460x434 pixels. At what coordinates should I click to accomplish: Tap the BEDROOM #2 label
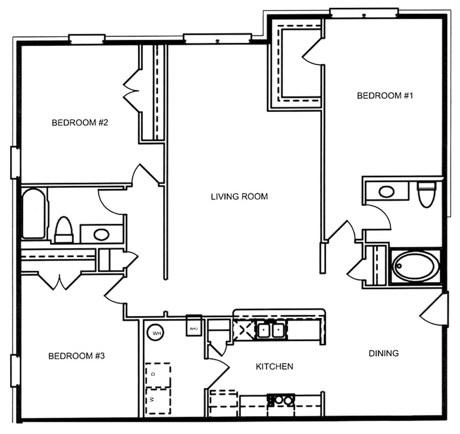point(79,122)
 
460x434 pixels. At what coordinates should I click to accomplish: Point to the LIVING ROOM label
point(239,196)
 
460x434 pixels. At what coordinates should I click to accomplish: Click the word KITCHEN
point(274,367)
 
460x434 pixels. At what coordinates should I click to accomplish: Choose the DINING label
point(383,353)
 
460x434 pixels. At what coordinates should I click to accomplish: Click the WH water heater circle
point(156,333)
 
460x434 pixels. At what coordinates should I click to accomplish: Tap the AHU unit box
point(194,328)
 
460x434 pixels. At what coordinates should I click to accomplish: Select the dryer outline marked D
point(158,375)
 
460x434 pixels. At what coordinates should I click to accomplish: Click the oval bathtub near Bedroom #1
point(415,266)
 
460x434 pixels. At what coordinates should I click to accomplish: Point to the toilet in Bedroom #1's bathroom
point(426,194)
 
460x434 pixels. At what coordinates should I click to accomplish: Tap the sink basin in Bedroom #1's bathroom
point(387,192)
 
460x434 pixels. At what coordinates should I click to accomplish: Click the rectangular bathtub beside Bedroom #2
point(34,213)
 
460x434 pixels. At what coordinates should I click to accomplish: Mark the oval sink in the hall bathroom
point(101,234)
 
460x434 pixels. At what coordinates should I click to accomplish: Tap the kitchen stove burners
point(281,399)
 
